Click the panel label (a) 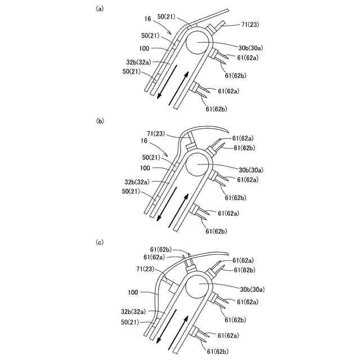tap(100, 8)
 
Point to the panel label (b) tap(100, 120)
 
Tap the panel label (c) tap(100, 242)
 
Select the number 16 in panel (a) tap(148, 19)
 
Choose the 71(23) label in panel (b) tap(158, 133)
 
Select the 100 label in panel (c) tap(133, 292)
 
